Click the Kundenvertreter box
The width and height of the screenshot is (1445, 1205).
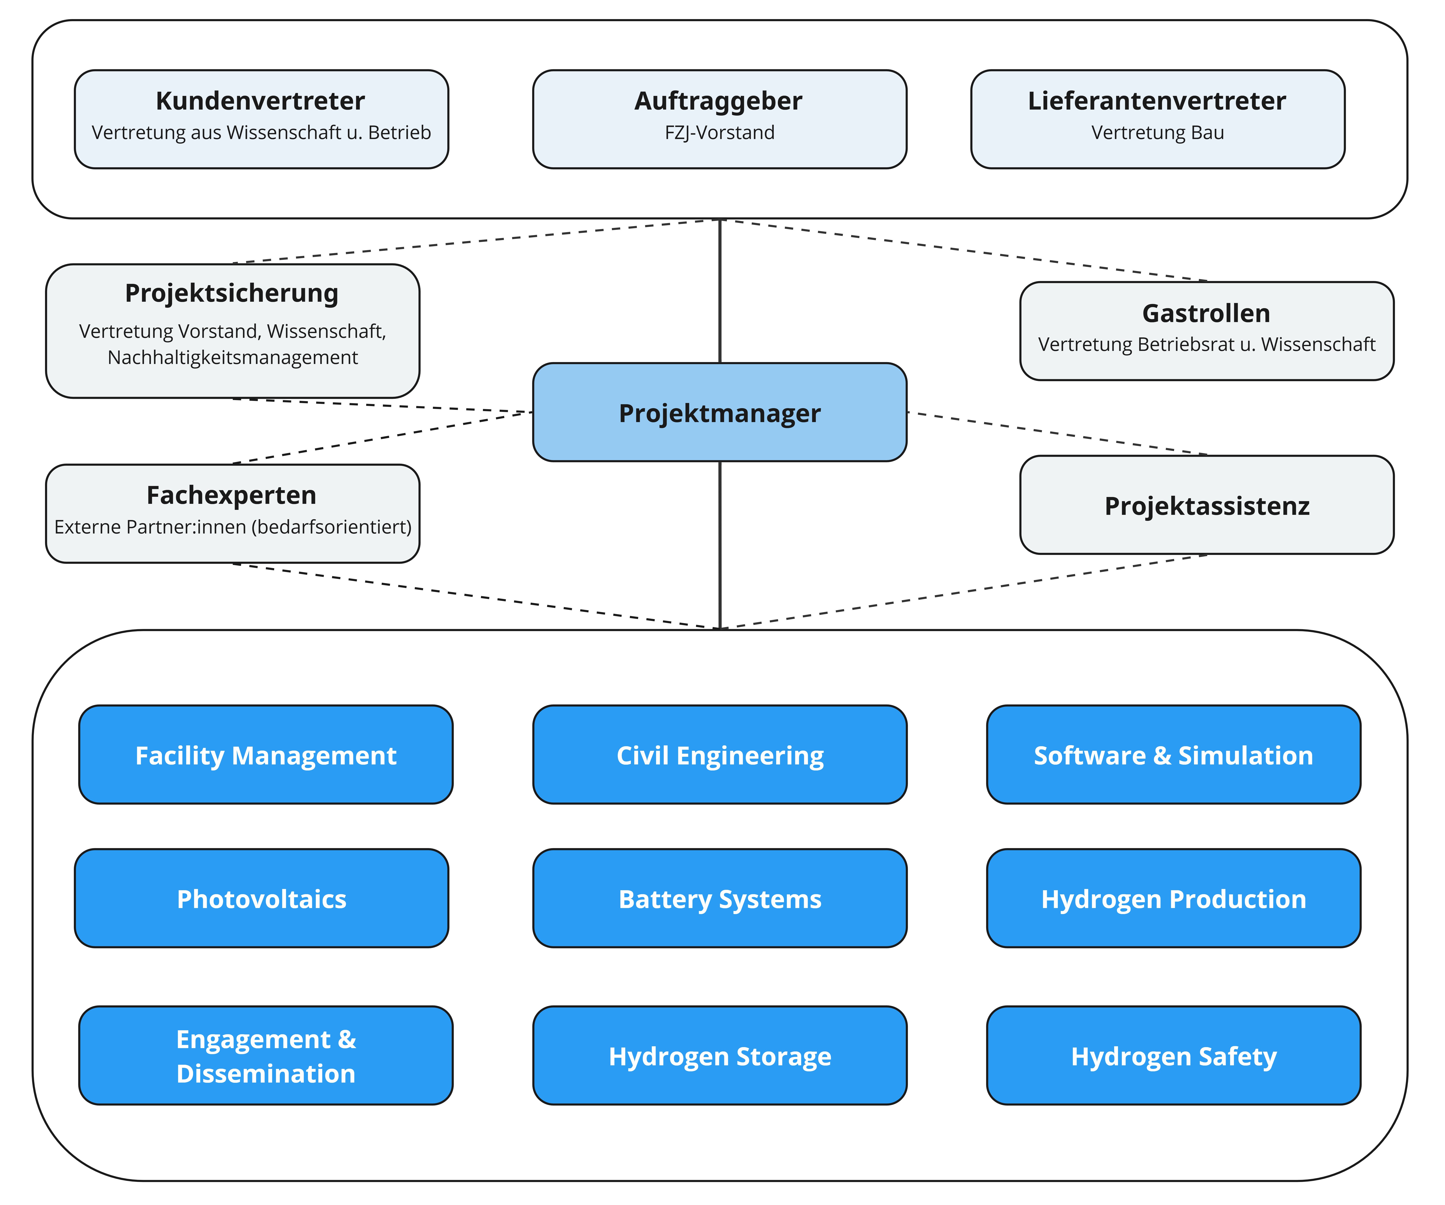[x=261, y=119]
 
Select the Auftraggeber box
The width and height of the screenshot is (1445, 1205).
[x=720, y=119]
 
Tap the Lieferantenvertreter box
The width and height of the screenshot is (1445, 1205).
[x=1158, y=119]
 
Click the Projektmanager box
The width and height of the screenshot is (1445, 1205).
[x=720, y=412]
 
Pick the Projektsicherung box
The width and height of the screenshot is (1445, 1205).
[x=233, y=331]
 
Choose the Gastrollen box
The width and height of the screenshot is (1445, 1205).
[x=1207, y=331]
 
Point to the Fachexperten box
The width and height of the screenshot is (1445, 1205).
[x=233, y=513]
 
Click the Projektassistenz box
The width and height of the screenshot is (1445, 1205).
[x=1207, y=504]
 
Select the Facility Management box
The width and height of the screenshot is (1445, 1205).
[x=266, y=754]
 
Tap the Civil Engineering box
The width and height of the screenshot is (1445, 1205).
[x=720, y=754]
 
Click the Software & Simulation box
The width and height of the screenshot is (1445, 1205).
[x=1174, y=754]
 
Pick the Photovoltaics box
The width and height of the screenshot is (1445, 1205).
[x=261, y=898]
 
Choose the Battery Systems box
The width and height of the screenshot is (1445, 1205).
[x=720, y=898]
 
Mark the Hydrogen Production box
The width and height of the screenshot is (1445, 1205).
[x=1174, y=898]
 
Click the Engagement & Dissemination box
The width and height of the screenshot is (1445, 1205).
[x=266, y=1056]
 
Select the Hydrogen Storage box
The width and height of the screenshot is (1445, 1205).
[x=720, y=1056]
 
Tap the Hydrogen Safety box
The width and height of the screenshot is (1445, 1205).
[x=1174, y=1056]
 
